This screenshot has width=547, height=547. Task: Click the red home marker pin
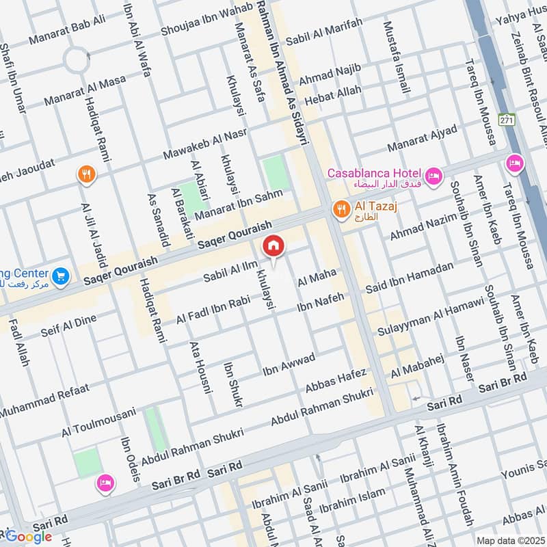273,245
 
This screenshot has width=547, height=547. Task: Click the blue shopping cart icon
61,276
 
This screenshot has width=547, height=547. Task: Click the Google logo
29,537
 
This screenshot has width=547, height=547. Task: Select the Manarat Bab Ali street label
67,29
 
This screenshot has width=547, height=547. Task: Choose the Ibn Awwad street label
289,366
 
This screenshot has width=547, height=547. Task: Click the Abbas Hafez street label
336,383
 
